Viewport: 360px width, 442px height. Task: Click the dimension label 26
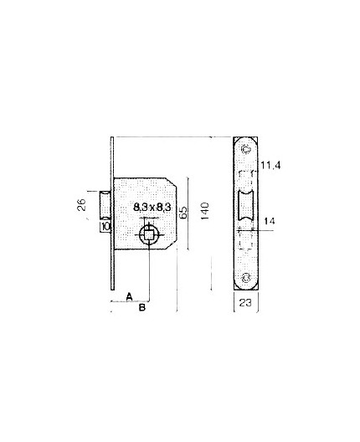(82, 205)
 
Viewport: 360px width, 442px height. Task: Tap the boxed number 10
(105, 226)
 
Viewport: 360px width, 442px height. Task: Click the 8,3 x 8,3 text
(152, 206)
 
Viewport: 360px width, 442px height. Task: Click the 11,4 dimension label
(269, 167)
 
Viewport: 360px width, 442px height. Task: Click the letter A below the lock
(130, 296)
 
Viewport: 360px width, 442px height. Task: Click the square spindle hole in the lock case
(150, 234)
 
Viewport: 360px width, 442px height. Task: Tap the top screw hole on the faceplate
(245, 149)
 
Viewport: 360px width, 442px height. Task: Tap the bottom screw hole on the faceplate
(245, 277)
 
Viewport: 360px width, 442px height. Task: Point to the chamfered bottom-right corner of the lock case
(172, 244)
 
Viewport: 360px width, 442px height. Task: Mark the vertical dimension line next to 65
(190, 213)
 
